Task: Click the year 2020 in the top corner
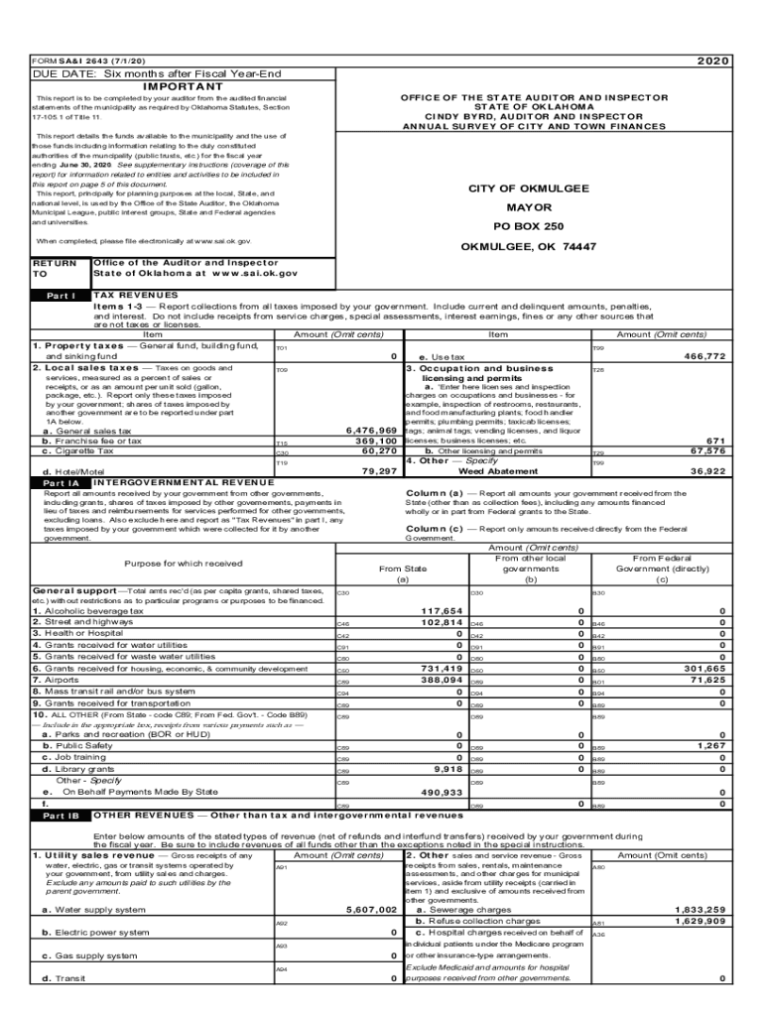712,61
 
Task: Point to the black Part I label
61,296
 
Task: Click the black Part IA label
61,482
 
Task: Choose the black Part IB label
61,816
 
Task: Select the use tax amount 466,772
705,356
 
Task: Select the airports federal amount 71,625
707,680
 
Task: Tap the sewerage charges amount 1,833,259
700,909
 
